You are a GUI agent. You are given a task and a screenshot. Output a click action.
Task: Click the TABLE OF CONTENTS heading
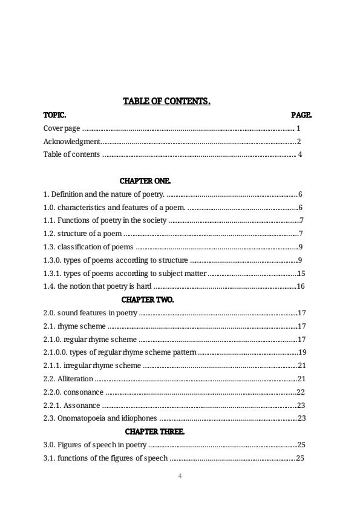coord(166,101)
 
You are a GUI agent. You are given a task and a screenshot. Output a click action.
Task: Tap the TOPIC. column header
coord(54,114)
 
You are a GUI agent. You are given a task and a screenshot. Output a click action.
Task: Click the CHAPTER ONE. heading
coord(145,180)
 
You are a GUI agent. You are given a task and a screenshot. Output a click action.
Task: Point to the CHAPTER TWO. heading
coord(148,299)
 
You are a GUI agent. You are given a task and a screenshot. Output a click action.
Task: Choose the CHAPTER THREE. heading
coord(154,432)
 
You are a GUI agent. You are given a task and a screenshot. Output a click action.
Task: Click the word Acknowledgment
coord(71,141)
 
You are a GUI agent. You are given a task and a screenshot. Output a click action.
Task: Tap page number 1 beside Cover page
coord(298,128)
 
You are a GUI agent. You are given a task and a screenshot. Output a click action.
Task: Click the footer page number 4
coord(180,476)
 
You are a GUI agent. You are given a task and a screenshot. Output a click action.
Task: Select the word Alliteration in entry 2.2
coord(76,378)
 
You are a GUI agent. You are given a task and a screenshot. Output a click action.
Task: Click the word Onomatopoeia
coord(82,418)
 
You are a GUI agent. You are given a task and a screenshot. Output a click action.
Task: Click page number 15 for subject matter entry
coord(301,273)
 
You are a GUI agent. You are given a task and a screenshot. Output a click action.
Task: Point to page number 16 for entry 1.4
coord(301,286)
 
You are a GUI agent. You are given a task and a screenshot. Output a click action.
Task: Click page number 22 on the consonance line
coord(301,392)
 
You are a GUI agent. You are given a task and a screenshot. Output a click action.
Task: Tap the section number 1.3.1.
coord(52,273)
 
